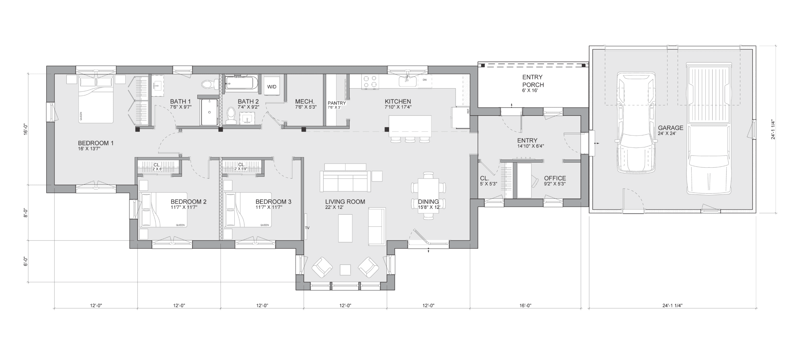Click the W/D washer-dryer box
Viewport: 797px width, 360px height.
272,87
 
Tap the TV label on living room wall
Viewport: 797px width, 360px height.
307,228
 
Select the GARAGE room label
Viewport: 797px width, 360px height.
670,128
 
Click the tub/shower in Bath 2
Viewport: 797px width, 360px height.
241,83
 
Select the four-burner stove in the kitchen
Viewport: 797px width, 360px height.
370,82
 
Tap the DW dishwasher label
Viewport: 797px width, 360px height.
424,80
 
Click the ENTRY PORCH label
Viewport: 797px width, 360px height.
532,81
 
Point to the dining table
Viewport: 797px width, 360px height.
428,196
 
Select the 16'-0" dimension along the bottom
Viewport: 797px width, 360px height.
525,305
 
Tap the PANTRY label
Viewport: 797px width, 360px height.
336,103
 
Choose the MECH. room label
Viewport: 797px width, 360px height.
305,101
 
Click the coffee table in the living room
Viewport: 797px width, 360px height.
345,228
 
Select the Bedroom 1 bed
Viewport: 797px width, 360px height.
96,100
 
